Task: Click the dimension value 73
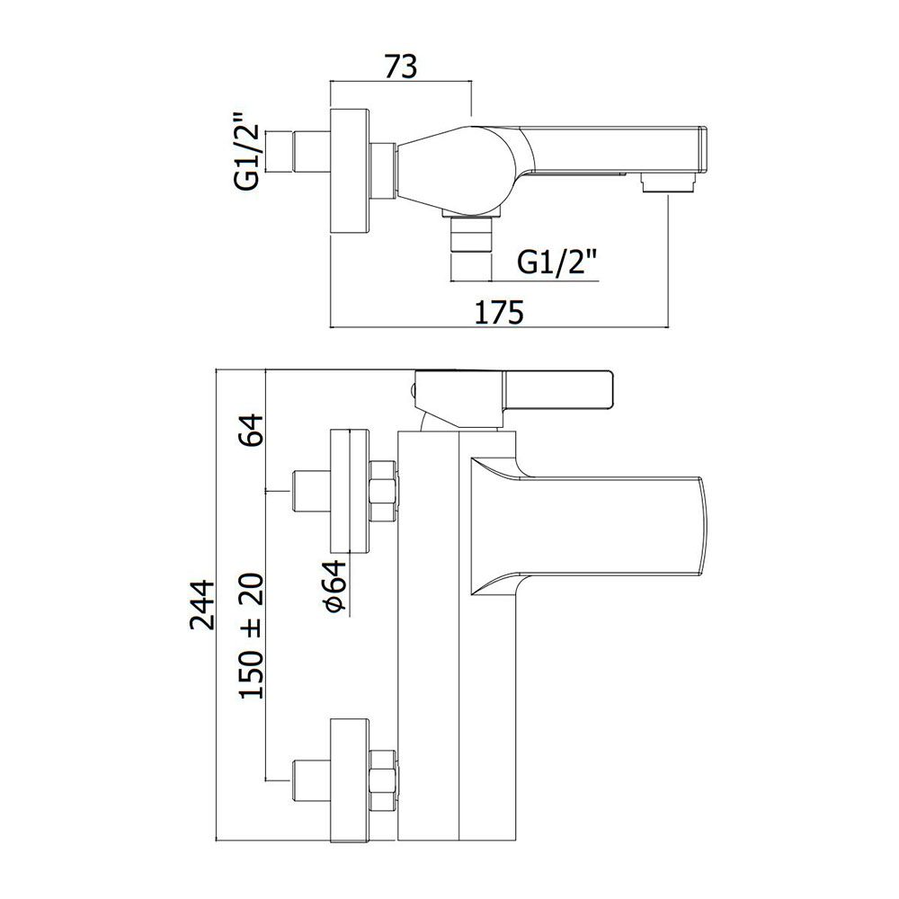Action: click(x=401, y=67)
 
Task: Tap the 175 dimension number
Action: click(x=499, y=312)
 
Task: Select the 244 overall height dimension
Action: click(x=202, y=605)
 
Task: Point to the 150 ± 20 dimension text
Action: click(x=252, y=636)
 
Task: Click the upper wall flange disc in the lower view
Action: click(x=349, y=492)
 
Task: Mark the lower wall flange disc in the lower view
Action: click(x=349, y=779)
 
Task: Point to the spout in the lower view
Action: click(x=591, y=526)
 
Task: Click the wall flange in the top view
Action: click(x=350, y=171)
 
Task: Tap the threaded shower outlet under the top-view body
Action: click(x=471, y=234)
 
